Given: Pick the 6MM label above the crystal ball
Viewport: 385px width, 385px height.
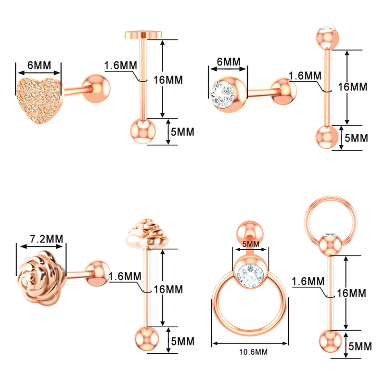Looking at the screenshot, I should pyautogui.click(x=229, y=62).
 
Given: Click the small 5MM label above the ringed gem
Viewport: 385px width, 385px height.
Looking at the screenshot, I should pyautogui.click(x=250, y=244).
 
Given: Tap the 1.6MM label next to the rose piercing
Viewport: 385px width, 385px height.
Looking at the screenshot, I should pyautogui.click(x=125, y=277).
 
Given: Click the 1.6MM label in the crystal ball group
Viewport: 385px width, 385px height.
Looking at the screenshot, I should pyautogui.click(x=305, y=76).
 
